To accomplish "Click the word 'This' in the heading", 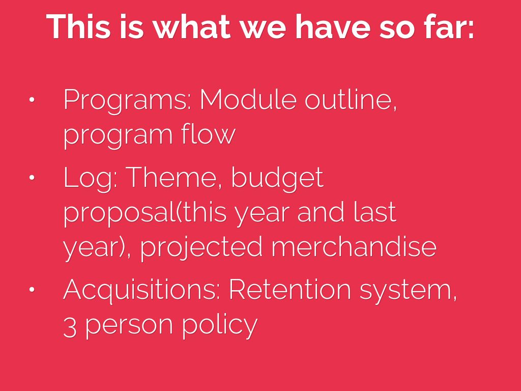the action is pos(78,26).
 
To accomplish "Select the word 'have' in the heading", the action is pos(333,26).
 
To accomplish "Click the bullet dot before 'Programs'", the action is pos(32,99).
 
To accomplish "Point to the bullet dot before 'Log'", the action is pos(32,177).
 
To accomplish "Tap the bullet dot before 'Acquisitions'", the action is pos(32,289).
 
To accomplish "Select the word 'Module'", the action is pos(248,99).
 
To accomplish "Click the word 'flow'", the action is pos(208,134).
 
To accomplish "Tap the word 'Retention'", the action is pos(290,289).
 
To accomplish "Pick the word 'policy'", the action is pos(220,326).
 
